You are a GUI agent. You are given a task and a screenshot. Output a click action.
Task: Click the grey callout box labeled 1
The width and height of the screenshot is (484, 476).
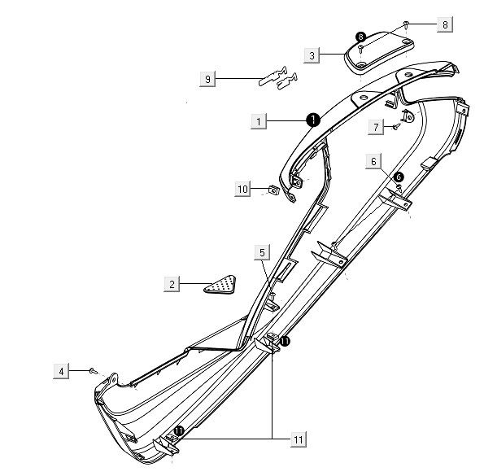pyautogui.click(x=259, y=121)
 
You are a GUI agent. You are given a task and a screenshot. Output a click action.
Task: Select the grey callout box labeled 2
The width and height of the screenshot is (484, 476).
pyautogui.click(x=172, y=284)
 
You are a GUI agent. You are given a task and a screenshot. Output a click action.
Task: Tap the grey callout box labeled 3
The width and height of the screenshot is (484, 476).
pyautogui.click(x=312, y=55)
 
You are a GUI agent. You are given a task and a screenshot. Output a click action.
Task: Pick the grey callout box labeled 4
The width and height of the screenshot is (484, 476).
pyautogui.click(x=61, y=371)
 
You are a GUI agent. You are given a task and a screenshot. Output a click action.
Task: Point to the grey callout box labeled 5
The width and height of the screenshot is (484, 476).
pyautogui.click(x=262, y=252)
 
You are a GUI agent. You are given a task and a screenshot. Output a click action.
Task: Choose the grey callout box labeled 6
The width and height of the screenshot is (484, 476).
pyautogui.click(x=373, y=161)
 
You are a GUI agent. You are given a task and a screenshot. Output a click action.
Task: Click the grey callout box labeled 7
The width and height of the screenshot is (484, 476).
pyautogui.click(x=376, y=127)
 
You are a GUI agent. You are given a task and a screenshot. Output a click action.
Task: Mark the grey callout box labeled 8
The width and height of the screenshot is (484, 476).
pyautogui.click(x=445, y=24)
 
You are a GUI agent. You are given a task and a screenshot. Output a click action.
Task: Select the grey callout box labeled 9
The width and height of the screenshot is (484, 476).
pyautogui.click(x=207, y=79)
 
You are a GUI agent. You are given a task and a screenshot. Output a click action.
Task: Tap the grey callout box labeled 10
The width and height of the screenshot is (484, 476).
pyautogui.click(x=242, y=189)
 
